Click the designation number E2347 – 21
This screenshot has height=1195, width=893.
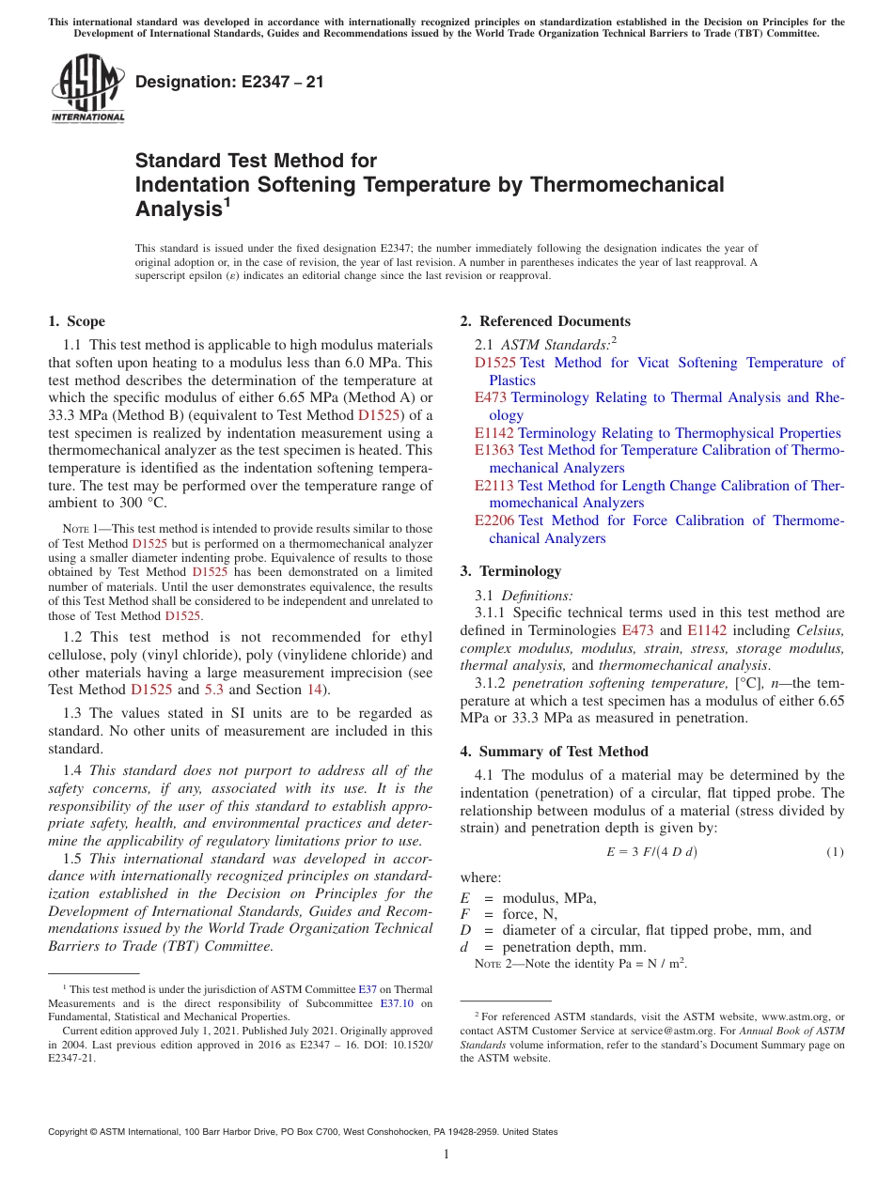(x=229, y=82)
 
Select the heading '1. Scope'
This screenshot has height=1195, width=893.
(x=76, y=321)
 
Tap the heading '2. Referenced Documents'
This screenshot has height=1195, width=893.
(x=545, y=321)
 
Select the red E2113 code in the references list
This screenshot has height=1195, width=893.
(x=494, y=486)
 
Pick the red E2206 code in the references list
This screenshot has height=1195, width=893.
(x=494, y=520)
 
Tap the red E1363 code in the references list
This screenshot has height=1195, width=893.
(x=494, y=450)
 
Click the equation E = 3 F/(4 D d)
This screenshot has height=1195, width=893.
(x=651, y=852)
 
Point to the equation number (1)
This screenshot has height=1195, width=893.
(x=835, y=852)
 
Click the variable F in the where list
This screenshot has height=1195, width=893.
(x=464, y=913)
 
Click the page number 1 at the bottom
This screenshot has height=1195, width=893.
(x=446, y=1154)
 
